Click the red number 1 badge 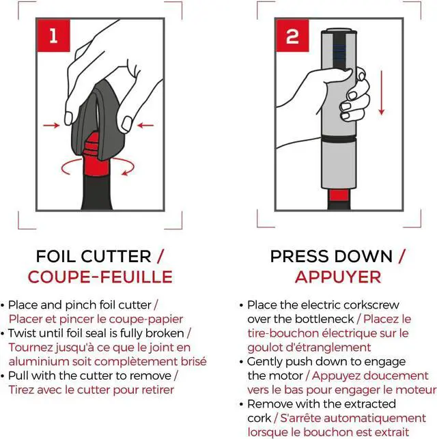tap(53, 36)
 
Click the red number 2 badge tap(292, 36)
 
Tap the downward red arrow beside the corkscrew tap(381, 93)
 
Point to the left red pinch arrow tap(51, 125)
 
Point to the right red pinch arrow tap(145, 125)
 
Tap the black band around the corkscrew tap(339, 139)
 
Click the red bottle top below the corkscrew tap(339, 195)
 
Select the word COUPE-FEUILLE tap(100, 277)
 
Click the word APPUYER tap(338, 277)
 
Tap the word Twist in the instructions tap(22, 333)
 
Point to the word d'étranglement tap(329, 348)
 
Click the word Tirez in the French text tap(20, 390)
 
